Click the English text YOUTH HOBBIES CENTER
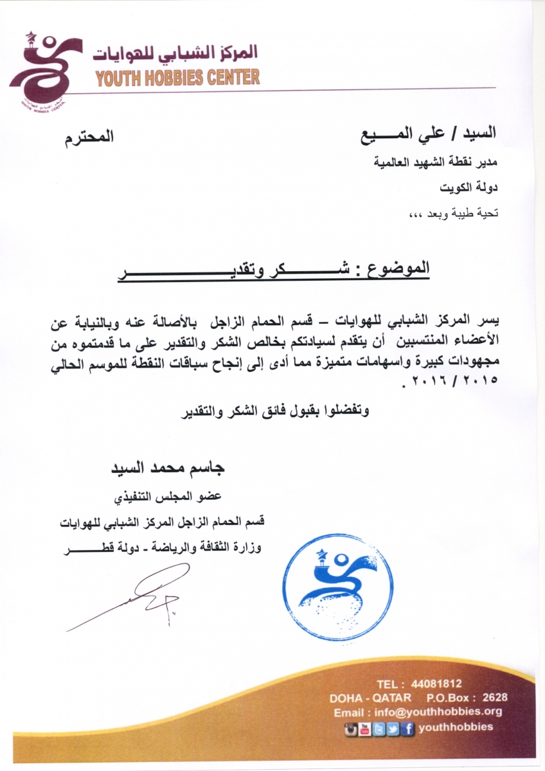coord(177,78)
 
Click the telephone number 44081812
coord(438,684)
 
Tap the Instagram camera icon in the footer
coord(351,728)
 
